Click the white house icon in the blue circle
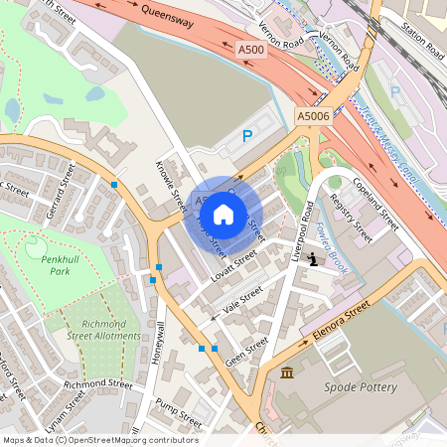(x=223, y=214)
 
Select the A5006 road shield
(x=312, y=117)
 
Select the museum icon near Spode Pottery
(x=287, y=372)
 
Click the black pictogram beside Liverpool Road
(x=314, y=260)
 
